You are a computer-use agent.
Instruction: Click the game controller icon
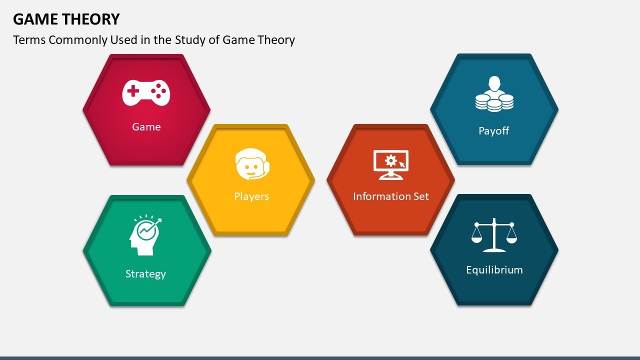tap(146, 92)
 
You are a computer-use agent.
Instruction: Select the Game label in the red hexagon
tap(146, 127)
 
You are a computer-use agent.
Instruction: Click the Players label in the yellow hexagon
tap(251, 196)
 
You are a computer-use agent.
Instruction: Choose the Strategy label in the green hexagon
tap(145, 274)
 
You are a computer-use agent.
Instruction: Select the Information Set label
tap(391, 196)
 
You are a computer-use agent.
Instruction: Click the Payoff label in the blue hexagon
tap(494, 131)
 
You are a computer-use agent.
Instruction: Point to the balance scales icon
tap(494, 234)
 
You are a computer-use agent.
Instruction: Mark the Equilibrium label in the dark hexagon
tap(494, 270)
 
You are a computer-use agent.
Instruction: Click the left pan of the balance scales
tap(477, 237)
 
